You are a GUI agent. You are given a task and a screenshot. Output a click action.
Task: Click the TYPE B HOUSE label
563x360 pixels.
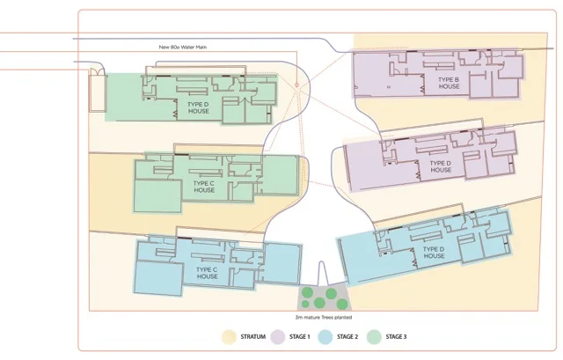[449, 83]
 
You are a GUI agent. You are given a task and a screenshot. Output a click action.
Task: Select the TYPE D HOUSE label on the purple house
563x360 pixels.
[441, 166]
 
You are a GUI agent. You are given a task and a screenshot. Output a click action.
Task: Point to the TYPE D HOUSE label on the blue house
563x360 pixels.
[433, 253]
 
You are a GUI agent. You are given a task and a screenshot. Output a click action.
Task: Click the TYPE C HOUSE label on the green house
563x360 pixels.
[204, 187]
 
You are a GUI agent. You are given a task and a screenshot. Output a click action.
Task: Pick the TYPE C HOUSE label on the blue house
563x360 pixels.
[208, 272]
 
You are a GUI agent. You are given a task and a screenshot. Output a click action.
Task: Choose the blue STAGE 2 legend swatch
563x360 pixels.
[325, 337]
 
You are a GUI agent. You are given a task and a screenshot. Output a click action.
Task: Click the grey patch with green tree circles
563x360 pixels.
[322, 296]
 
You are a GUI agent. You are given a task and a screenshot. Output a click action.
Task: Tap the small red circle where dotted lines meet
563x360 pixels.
[297, 85]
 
